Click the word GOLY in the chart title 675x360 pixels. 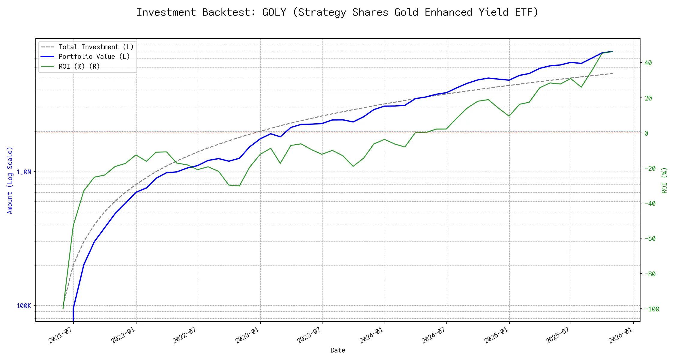click(x=274, y=12)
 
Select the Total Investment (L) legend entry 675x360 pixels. click(x=96, y=47)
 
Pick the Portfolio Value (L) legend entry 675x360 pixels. click(x=94, y=57)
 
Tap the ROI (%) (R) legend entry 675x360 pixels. click(x=79, y=66)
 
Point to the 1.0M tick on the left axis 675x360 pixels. click(x=24, y=172)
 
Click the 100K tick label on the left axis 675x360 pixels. click(x=24, y=306)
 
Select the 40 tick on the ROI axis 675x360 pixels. click(x=648, y=63)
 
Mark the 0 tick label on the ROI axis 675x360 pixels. click(x=646, y=133)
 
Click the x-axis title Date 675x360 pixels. click(x=338, y=350)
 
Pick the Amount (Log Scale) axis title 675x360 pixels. click(x=10, y=180)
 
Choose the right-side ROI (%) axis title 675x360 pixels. click(x=664, y=180)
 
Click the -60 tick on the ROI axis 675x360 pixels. click(x=650, y=239)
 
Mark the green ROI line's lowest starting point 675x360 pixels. click(x=63, y=308)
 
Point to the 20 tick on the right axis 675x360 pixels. click(x=648, y=98)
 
